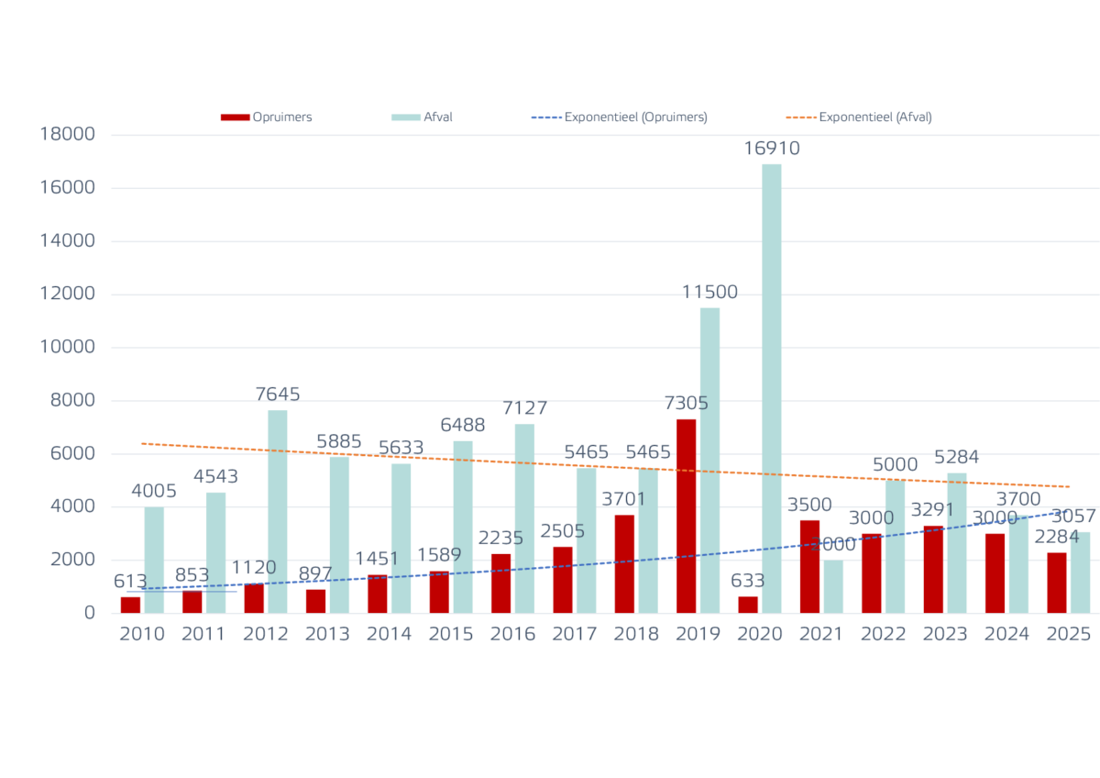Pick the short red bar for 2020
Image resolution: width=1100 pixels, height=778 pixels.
click(x=748, y=604)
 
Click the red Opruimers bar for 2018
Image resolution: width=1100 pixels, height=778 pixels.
click(x=624, y=563)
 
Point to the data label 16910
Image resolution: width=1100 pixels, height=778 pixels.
click(x=771, y=149)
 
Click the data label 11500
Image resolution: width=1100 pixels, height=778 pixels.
click(x=709, y=293)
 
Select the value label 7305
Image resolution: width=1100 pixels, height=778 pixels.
click(x=685, y=404)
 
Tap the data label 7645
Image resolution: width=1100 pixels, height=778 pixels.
click(x=277, y=395)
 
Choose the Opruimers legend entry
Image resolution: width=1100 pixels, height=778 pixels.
click(x=267, y=117)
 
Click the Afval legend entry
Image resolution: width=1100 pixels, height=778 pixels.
click(x=423, y=117)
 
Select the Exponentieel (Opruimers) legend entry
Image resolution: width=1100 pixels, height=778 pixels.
click(x=620, y=117)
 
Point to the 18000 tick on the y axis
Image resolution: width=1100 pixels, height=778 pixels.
click(x=70, y=135)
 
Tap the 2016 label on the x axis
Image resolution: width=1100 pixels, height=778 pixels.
click(x=512, y=634)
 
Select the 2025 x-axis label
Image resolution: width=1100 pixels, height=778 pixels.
click(x=1069, y=634)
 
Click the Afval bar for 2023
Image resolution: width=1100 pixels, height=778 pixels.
click(x=956, y=542)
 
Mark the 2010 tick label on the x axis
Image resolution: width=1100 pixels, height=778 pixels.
click(x=142, y=634)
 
